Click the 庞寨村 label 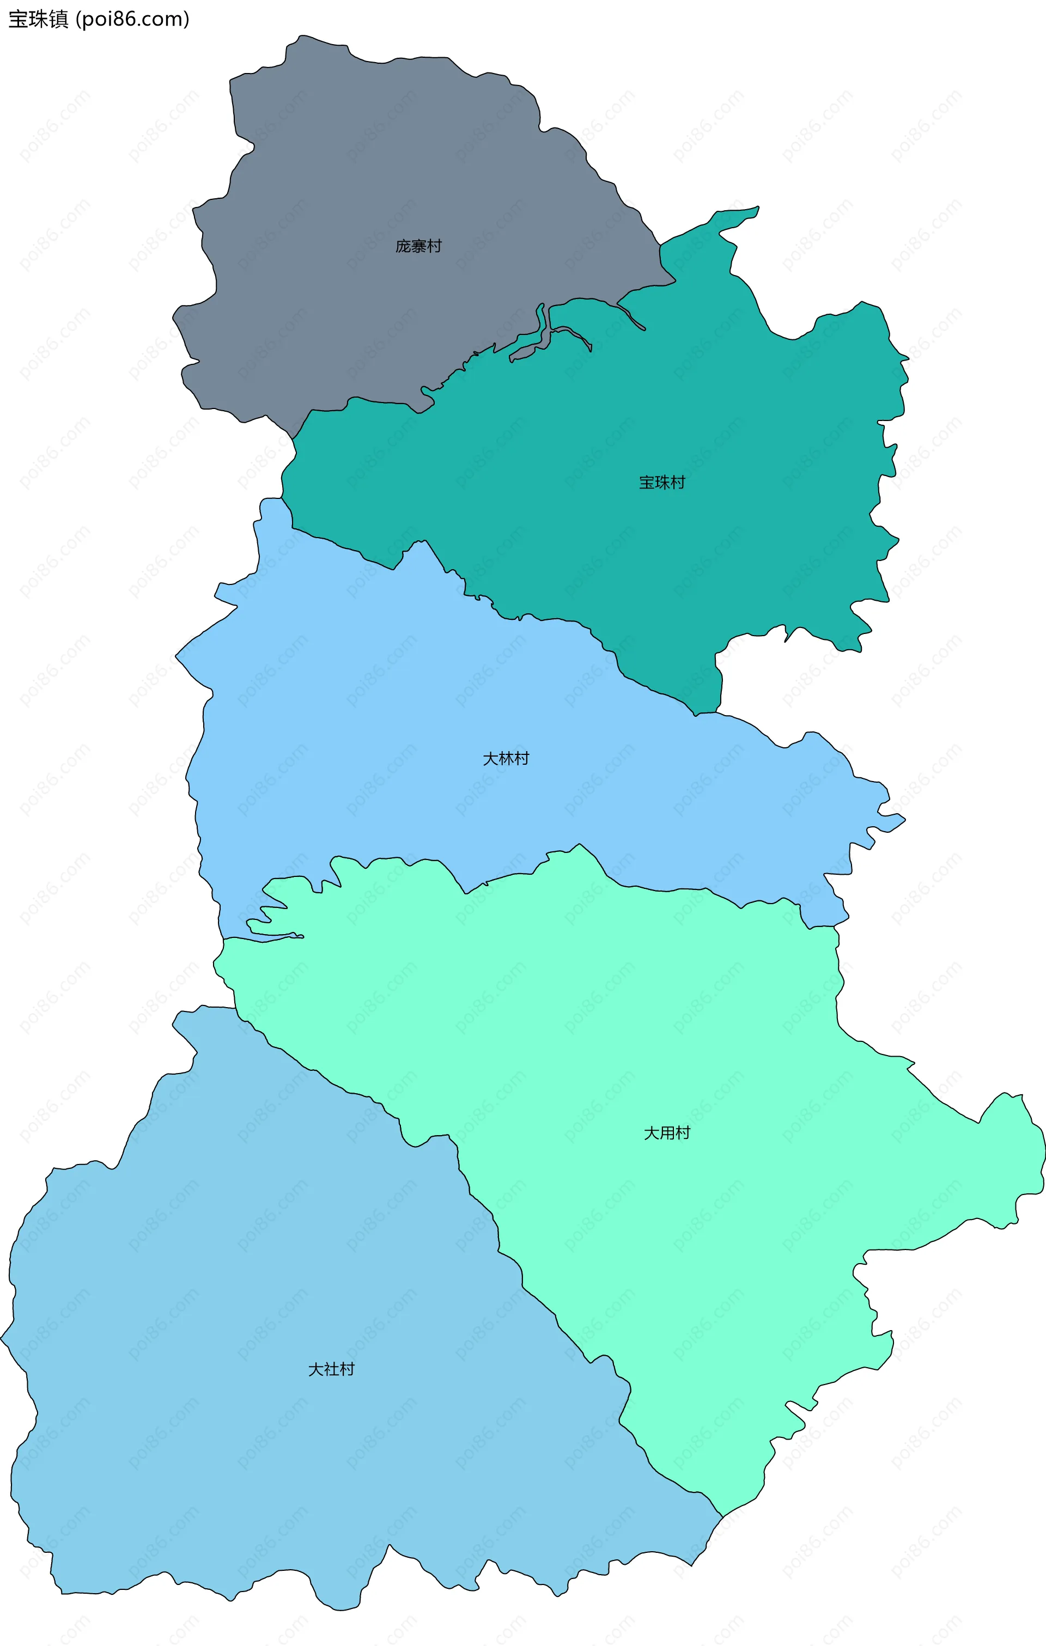[x=418, y=246]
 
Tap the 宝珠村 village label [x=662, y=483]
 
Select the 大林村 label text [x=506, y=759]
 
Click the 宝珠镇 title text [x=38, y=19]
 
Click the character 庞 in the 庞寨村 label [x=403, y=246]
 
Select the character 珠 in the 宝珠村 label [x=662, y=483]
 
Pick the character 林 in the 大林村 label [x=506, y=759]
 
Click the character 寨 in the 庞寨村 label [x=418, y=246]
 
